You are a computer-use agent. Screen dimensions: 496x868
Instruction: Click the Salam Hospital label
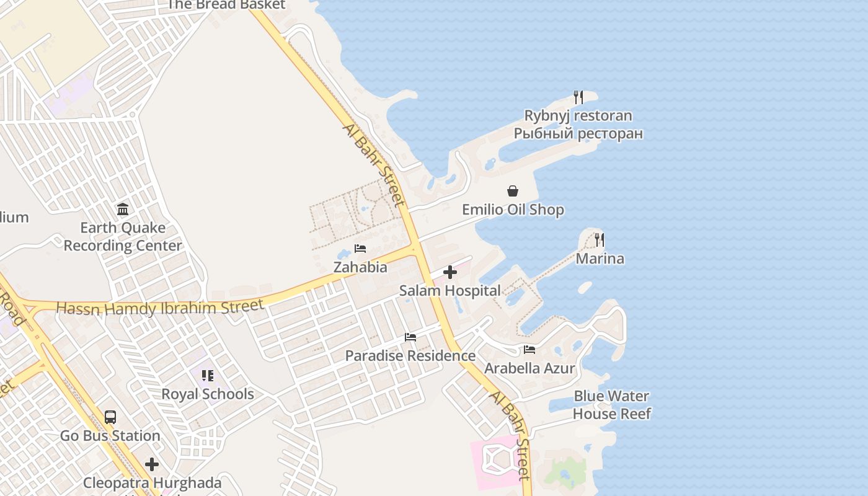coord(449,290)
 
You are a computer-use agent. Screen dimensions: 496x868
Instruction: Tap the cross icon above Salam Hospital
coord(450,272)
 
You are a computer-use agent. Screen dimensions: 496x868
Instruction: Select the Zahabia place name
coord(360,267)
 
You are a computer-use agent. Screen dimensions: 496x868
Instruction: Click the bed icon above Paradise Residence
coord(410,337)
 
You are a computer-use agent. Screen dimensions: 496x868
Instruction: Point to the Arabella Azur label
coord(529,368)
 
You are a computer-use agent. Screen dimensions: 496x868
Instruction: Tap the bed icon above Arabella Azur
coord(529,350)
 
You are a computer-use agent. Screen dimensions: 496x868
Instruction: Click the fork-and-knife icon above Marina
coord(600,239)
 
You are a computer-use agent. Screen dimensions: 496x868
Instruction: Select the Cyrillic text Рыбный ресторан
coord(578,133)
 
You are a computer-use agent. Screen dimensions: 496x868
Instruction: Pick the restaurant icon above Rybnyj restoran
coord(578,97)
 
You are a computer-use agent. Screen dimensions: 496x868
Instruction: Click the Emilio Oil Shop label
coord(513,210)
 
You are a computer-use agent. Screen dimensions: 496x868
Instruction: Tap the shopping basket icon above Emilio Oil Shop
coord(513,191)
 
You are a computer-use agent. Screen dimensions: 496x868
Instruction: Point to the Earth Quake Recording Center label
coord(123,237)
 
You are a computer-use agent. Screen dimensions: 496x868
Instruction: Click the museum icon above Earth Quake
coord(123,209)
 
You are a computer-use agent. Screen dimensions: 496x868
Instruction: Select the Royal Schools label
coord(208,394)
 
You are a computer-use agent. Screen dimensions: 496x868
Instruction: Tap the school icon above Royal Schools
coord(208,376)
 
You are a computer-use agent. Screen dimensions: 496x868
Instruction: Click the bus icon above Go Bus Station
coord(110,417)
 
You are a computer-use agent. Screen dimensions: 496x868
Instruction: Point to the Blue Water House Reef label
coord(611,405)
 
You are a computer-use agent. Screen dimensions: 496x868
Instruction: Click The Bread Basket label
coord(226,5)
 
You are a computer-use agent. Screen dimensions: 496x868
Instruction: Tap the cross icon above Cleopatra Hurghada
coord(152,464)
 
